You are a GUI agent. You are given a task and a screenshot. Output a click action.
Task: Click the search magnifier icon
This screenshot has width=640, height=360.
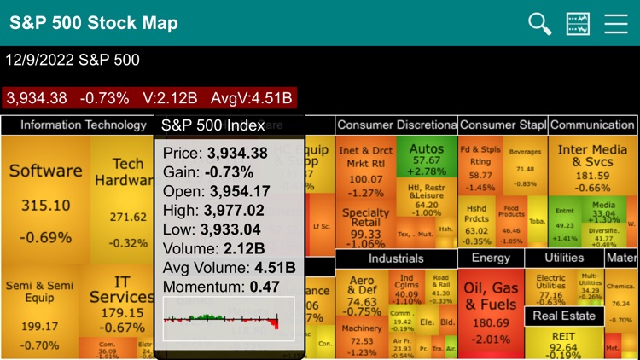point(540,23)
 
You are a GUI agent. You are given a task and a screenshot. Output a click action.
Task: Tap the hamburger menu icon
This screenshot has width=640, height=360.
point(616,23)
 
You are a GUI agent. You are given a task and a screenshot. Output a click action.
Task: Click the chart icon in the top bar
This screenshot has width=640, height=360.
point(578,23)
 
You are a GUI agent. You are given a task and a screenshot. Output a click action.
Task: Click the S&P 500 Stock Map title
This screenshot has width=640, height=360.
point(94,23)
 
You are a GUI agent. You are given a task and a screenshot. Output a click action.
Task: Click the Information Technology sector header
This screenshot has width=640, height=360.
point(83,125)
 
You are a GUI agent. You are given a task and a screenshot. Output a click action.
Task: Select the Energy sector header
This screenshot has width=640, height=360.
point(491,258)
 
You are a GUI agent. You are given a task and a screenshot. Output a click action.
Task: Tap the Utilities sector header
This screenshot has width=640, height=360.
point(564,258)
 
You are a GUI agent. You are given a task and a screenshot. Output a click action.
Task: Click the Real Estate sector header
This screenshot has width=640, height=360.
point(564,316)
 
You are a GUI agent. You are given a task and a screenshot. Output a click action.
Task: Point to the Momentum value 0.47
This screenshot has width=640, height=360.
point(267,287)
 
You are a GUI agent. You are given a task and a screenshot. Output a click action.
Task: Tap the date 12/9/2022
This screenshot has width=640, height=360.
point(40,61)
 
